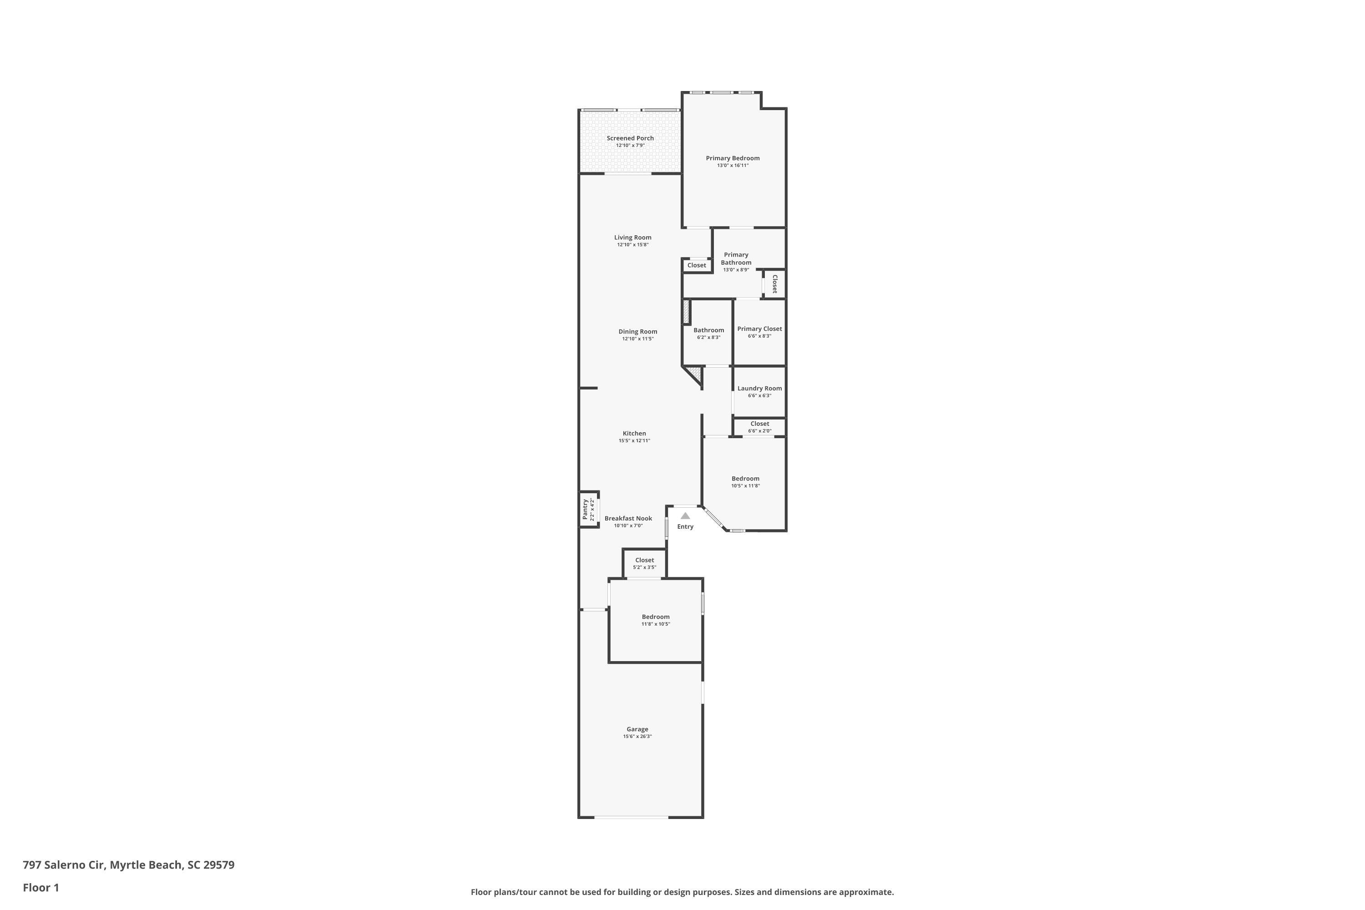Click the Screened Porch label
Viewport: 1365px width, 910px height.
[630, 138]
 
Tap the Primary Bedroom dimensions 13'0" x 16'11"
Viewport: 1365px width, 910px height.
[733, 166]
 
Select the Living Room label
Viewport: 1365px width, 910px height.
[632, 238]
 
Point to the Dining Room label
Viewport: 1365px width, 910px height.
[638, 331]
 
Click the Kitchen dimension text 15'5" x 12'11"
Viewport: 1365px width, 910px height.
[634, 440]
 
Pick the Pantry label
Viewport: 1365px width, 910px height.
[585, 509]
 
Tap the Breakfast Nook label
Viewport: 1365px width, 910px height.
[628, 518]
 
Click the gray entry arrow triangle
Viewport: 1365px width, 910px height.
[685, 516]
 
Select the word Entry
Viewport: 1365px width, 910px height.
[685, 526]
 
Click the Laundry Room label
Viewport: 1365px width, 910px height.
[760, 388]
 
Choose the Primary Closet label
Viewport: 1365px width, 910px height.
[760, 329]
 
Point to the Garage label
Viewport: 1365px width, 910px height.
[637, 729]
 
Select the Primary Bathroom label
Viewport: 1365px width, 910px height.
[736, 258]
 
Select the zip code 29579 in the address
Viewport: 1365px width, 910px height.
[219, 865]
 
